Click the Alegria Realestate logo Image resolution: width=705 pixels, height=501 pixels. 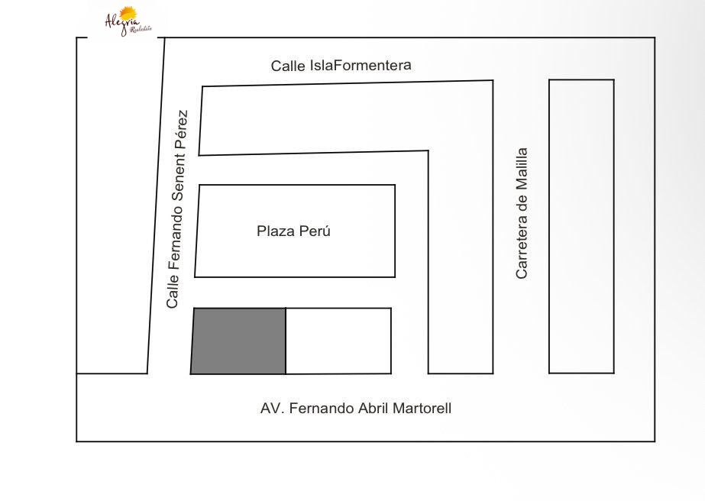click(x=128, y=21)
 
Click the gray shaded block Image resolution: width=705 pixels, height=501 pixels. click(x=238, y=341)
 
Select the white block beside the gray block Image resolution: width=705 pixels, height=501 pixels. click(x=338, y=341)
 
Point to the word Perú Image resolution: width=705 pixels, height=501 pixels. click(x=315, y=231)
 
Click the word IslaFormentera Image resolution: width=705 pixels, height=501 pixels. click(x=361, y=65)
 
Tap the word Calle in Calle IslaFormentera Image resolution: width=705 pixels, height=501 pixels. click(x=288, y=66)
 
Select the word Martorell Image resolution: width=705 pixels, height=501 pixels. click(x=422, y=409)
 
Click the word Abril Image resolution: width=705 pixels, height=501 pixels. click(x=374, y=409)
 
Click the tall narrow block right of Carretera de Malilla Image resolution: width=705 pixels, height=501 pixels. click(x=581, y=227)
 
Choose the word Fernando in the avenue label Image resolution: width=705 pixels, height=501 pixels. click(x=322, y=409)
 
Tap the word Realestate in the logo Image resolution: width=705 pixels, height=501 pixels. click(x=141, y=30)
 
